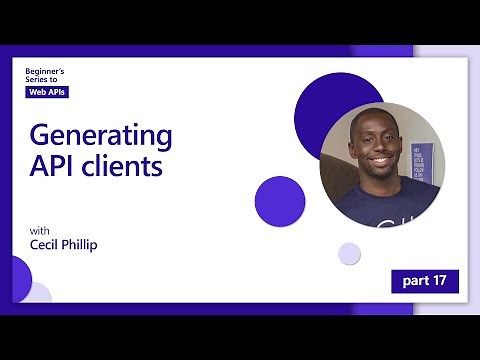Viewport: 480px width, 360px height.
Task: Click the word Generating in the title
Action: click(100, 135)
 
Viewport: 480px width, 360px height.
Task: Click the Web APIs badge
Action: click(48, 92)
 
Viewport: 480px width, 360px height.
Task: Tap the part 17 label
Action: click(424, 281)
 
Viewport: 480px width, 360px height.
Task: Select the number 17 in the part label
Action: click(439, 281)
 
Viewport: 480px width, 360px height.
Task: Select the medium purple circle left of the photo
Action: click(280, 200)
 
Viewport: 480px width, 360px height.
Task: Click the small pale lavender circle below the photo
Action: click(349, 253)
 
